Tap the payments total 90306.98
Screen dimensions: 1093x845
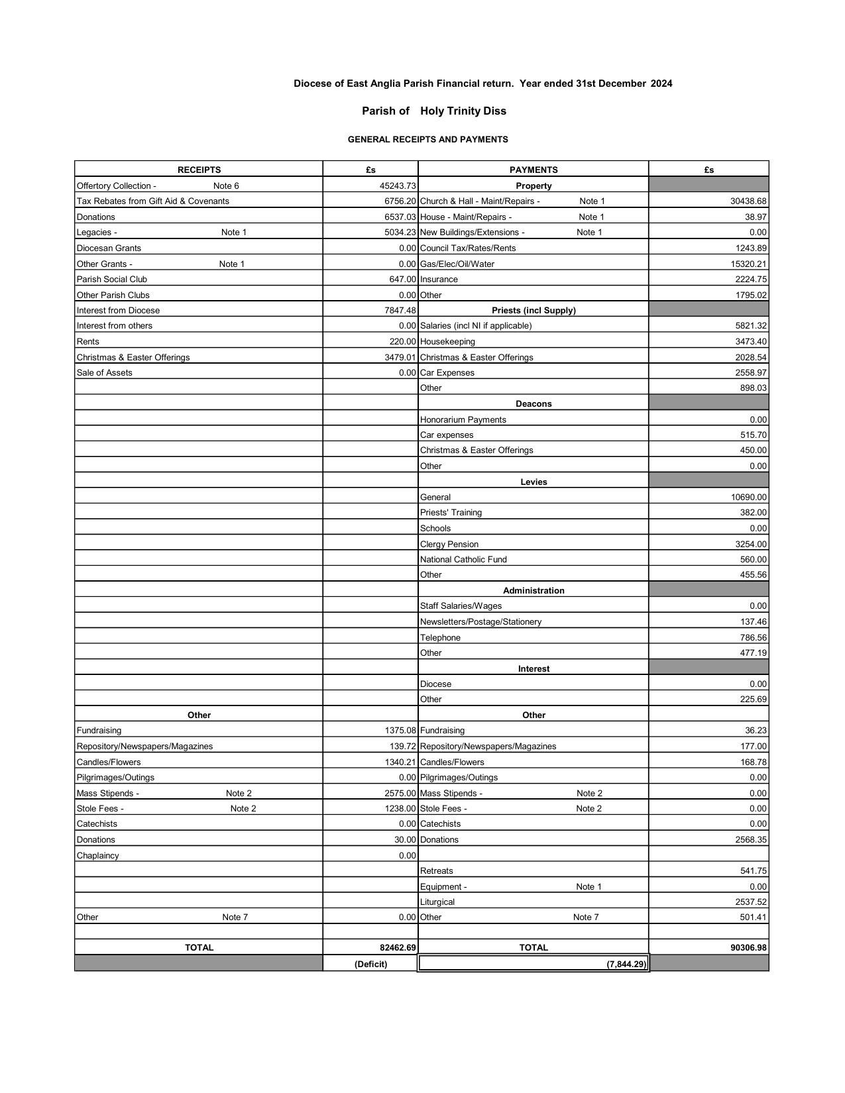pos(748,948)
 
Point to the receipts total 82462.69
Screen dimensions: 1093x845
pos(398,948)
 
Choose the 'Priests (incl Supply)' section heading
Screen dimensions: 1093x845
pos(534,311)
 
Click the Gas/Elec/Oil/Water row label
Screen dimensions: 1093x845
pos(457,264)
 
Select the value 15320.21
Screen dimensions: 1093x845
pos(748,264)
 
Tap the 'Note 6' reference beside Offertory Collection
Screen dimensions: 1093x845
pos(226,186)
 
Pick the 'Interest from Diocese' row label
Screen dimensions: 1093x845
pos(118,311)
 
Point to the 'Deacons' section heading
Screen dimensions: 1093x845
pos(534,404)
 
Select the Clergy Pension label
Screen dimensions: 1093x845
pos(449,545)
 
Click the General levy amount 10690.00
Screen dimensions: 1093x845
pos(748,497)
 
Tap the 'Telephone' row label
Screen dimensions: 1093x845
pos(440,638)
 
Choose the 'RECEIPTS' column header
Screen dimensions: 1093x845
pos(199,170)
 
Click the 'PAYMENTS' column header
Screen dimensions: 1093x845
pos(534,170)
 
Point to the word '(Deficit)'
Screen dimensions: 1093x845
pos(370,964)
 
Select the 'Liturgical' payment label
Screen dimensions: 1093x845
pos(437,902)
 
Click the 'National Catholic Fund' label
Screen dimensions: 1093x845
pos(463,560)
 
